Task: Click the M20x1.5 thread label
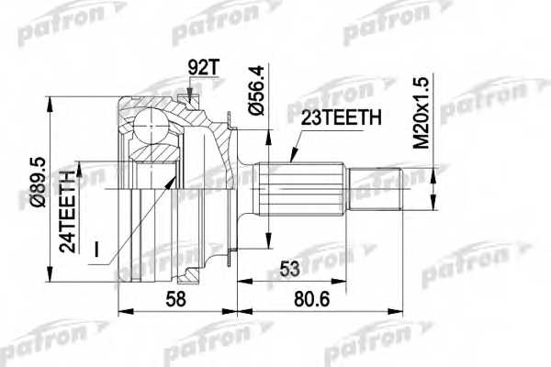(x=422, y=114)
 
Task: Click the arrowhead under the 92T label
(x=188, y=91)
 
